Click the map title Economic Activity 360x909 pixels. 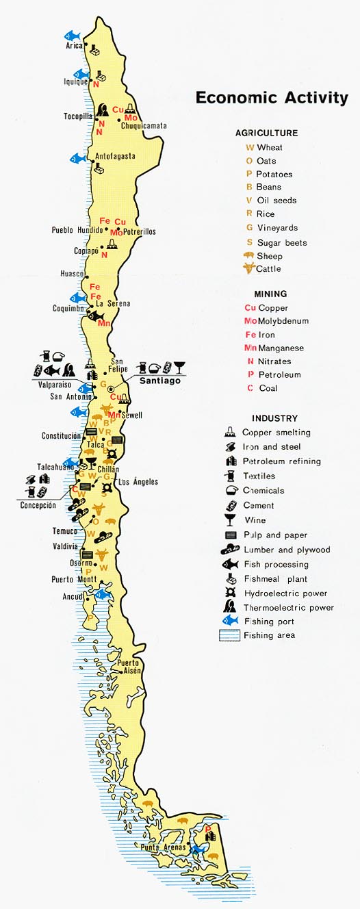(x=272, y=97)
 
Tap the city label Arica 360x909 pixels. (x=74, y=46)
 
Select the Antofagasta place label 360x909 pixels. (x=115, y=156)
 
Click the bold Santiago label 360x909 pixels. (x=161, y=381)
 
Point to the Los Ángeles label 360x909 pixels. (x=139, y=482)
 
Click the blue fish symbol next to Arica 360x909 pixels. (x=73, y=35)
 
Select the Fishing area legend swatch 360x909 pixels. (x=229, y=636)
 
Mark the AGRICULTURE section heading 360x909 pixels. (x=266, y=133)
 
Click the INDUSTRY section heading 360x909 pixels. (x=274, y=418)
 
